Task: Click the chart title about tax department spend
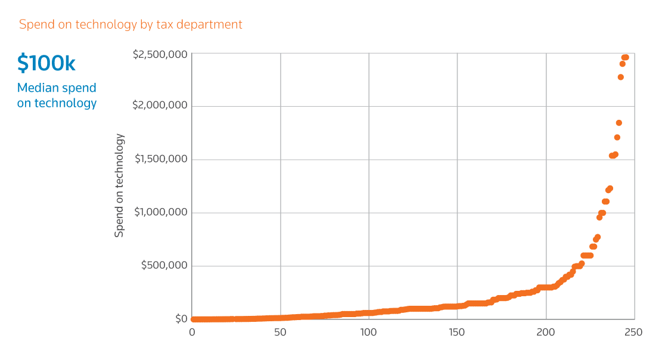130,24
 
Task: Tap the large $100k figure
46,63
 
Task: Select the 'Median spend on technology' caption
57,95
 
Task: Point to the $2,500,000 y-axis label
160,54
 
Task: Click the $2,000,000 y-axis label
160,105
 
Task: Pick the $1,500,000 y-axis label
161,159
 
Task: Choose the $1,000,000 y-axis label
161,212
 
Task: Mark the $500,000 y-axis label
164,265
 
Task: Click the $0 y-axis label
181,319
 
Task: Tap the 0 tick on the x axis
192,332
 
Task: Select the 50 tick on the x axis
280,332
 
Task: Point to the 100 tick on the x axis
368,332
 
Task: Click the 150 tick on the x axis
456,332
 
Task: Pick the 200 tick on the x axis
545,332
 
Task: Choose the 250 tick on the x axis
633,332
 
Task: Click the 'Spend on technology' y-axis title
120,185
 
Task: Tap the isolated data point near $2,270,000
621,77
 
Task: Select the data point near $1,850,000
619,123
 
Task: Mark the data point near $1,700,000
617,138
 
